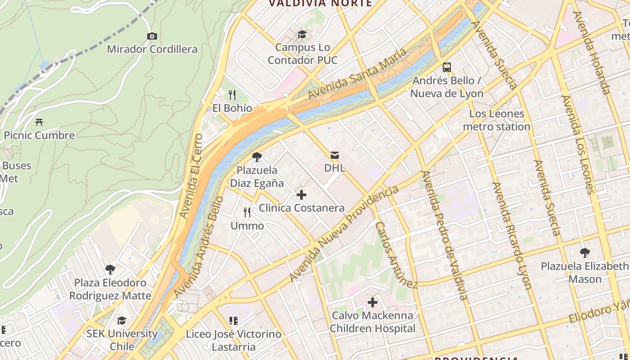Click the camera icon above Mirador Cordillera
[x=152, y=36]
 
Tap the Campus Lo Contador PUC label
[x=302, y=54]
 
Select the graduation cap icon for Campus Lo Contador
[x=302, y=34]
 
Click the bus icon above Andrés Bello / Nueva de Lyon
[x=446, y=67]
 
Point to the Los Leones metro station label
[x=497, y=120]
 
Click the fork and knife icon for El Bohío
[x=232, y=94]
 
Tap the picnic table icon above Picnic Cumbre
[x=39, y=122]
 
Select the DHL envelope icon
[x=335, y=155]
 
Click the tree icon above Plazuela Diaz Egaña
[x=256, y=157]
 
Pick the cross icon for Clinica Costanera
[x=301, y=195]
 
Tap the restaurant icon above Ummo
[x=247, y=212]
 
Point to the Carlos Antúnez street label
[x=396, y=255]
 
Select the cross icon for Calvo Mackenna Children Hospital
[x=372, y=302]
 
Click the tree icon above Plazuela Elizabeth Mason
[x=585, y=253]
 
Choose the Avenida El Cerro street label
[x=190, y=176]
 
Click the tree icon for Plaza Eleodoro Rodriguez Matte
[x=110, y=270]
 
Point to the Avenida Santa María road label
[x=357, y=74]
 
